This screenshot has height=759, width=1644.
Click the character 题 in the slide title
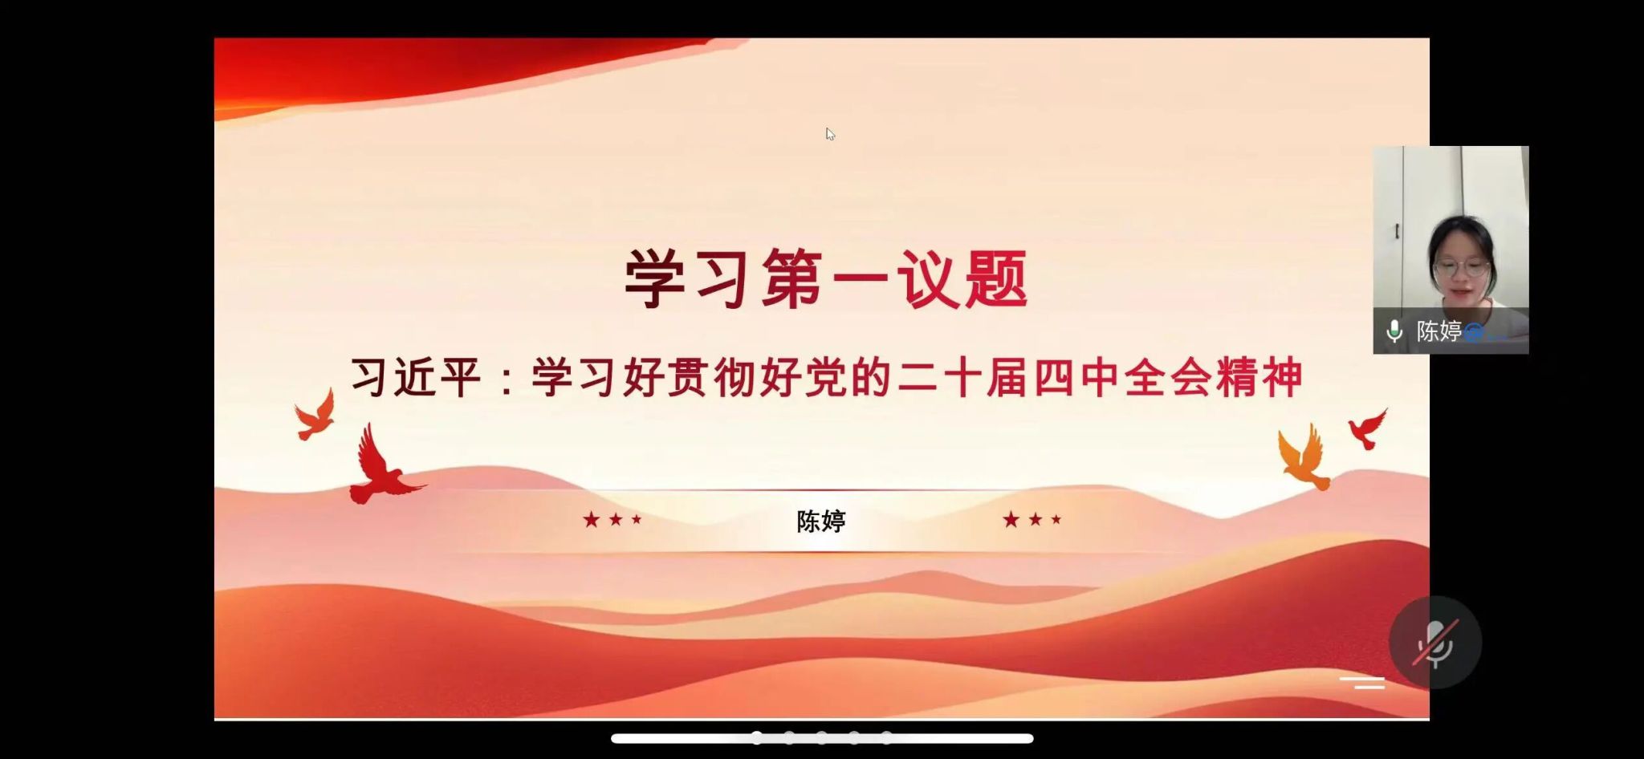[x=996, y=278]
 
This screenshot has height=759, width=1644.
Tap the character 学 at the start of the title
[x=655, y=278]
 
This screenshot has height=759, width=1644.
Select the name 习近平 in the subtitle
[x=416, y=377]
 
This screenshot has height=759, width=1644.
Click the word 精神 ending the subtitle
[x=1259, y=377]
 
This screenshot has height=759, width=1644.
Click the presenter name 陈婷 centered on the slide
[x=821, y=522]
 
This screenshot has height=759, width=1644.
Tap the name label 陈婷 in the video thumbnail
[x=1438, y=331]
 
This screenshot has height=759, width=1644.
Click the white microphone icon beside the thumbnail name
[x=1394, y=331]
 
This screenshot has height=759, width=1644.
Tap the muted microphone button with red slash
[x=1435, y=642]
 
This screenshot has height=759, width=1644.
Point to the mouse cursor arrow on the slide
[x=830, y=134]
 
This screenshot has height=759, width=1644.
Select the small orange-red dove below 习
[x=315, y=416]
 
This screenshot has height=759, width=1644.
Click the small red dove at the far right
[x=1367, y=428]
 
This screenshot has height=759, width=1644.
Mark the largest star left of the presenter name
[x=592, y=520]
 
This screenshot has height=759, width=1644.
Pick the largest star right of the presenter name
[x=1011, y=520]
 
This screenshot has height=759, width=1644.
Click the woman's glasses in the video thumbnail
[x=1461, y=268]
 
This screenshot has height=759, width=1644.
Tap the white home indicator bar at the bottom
[x=822, y=738]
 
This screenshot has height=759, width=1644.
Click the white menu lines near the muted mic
[x=1362, y=683]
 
